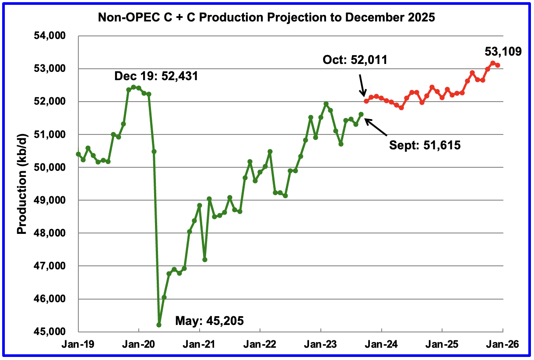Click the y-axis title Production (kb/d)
pos(22,184)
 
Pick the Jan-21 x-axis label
pos(199,345)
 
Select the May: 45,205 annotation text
pos(209,321)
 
